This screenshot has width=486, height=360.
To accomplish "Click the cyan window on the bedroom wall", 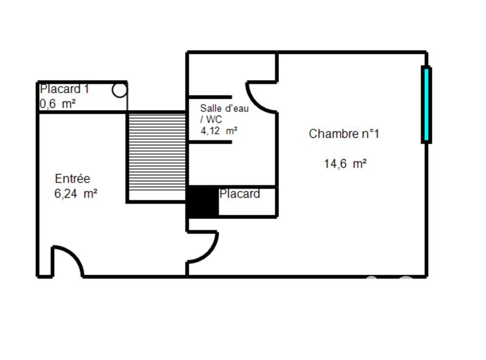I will tap(426, 105).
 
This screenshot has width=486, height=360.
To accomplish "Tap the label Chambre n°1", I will tap(344, 134).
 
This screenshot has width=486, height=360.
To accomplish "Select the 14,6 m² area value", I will tap(345, 164).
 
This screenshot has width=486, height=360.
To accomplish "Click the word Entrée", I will tap(72, 179).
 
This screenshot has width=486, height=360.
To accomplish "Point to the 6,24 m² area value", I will tap(76, 194).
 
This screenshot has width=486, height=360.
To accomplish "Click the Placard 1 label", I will tap(64, 89).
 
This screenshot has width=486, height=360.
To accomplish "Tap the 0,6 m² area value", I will tap(58, 104).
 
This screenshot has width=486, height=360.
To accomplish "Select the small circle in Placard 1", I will tap(120, 91).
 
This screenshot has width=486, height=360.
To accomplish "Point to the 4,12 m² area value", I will tap(219, 130).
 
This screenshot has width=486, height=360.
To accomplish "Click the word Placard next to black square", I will tap(239, 194).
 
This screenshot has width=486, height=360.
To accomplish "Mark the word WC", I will tap(214, 119).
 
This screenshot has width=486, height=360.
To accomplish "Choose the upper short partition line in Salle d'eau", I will tap(210, 97).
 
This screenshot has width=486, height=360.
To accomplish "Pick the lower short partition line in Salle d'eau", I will tap(210, 142).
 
